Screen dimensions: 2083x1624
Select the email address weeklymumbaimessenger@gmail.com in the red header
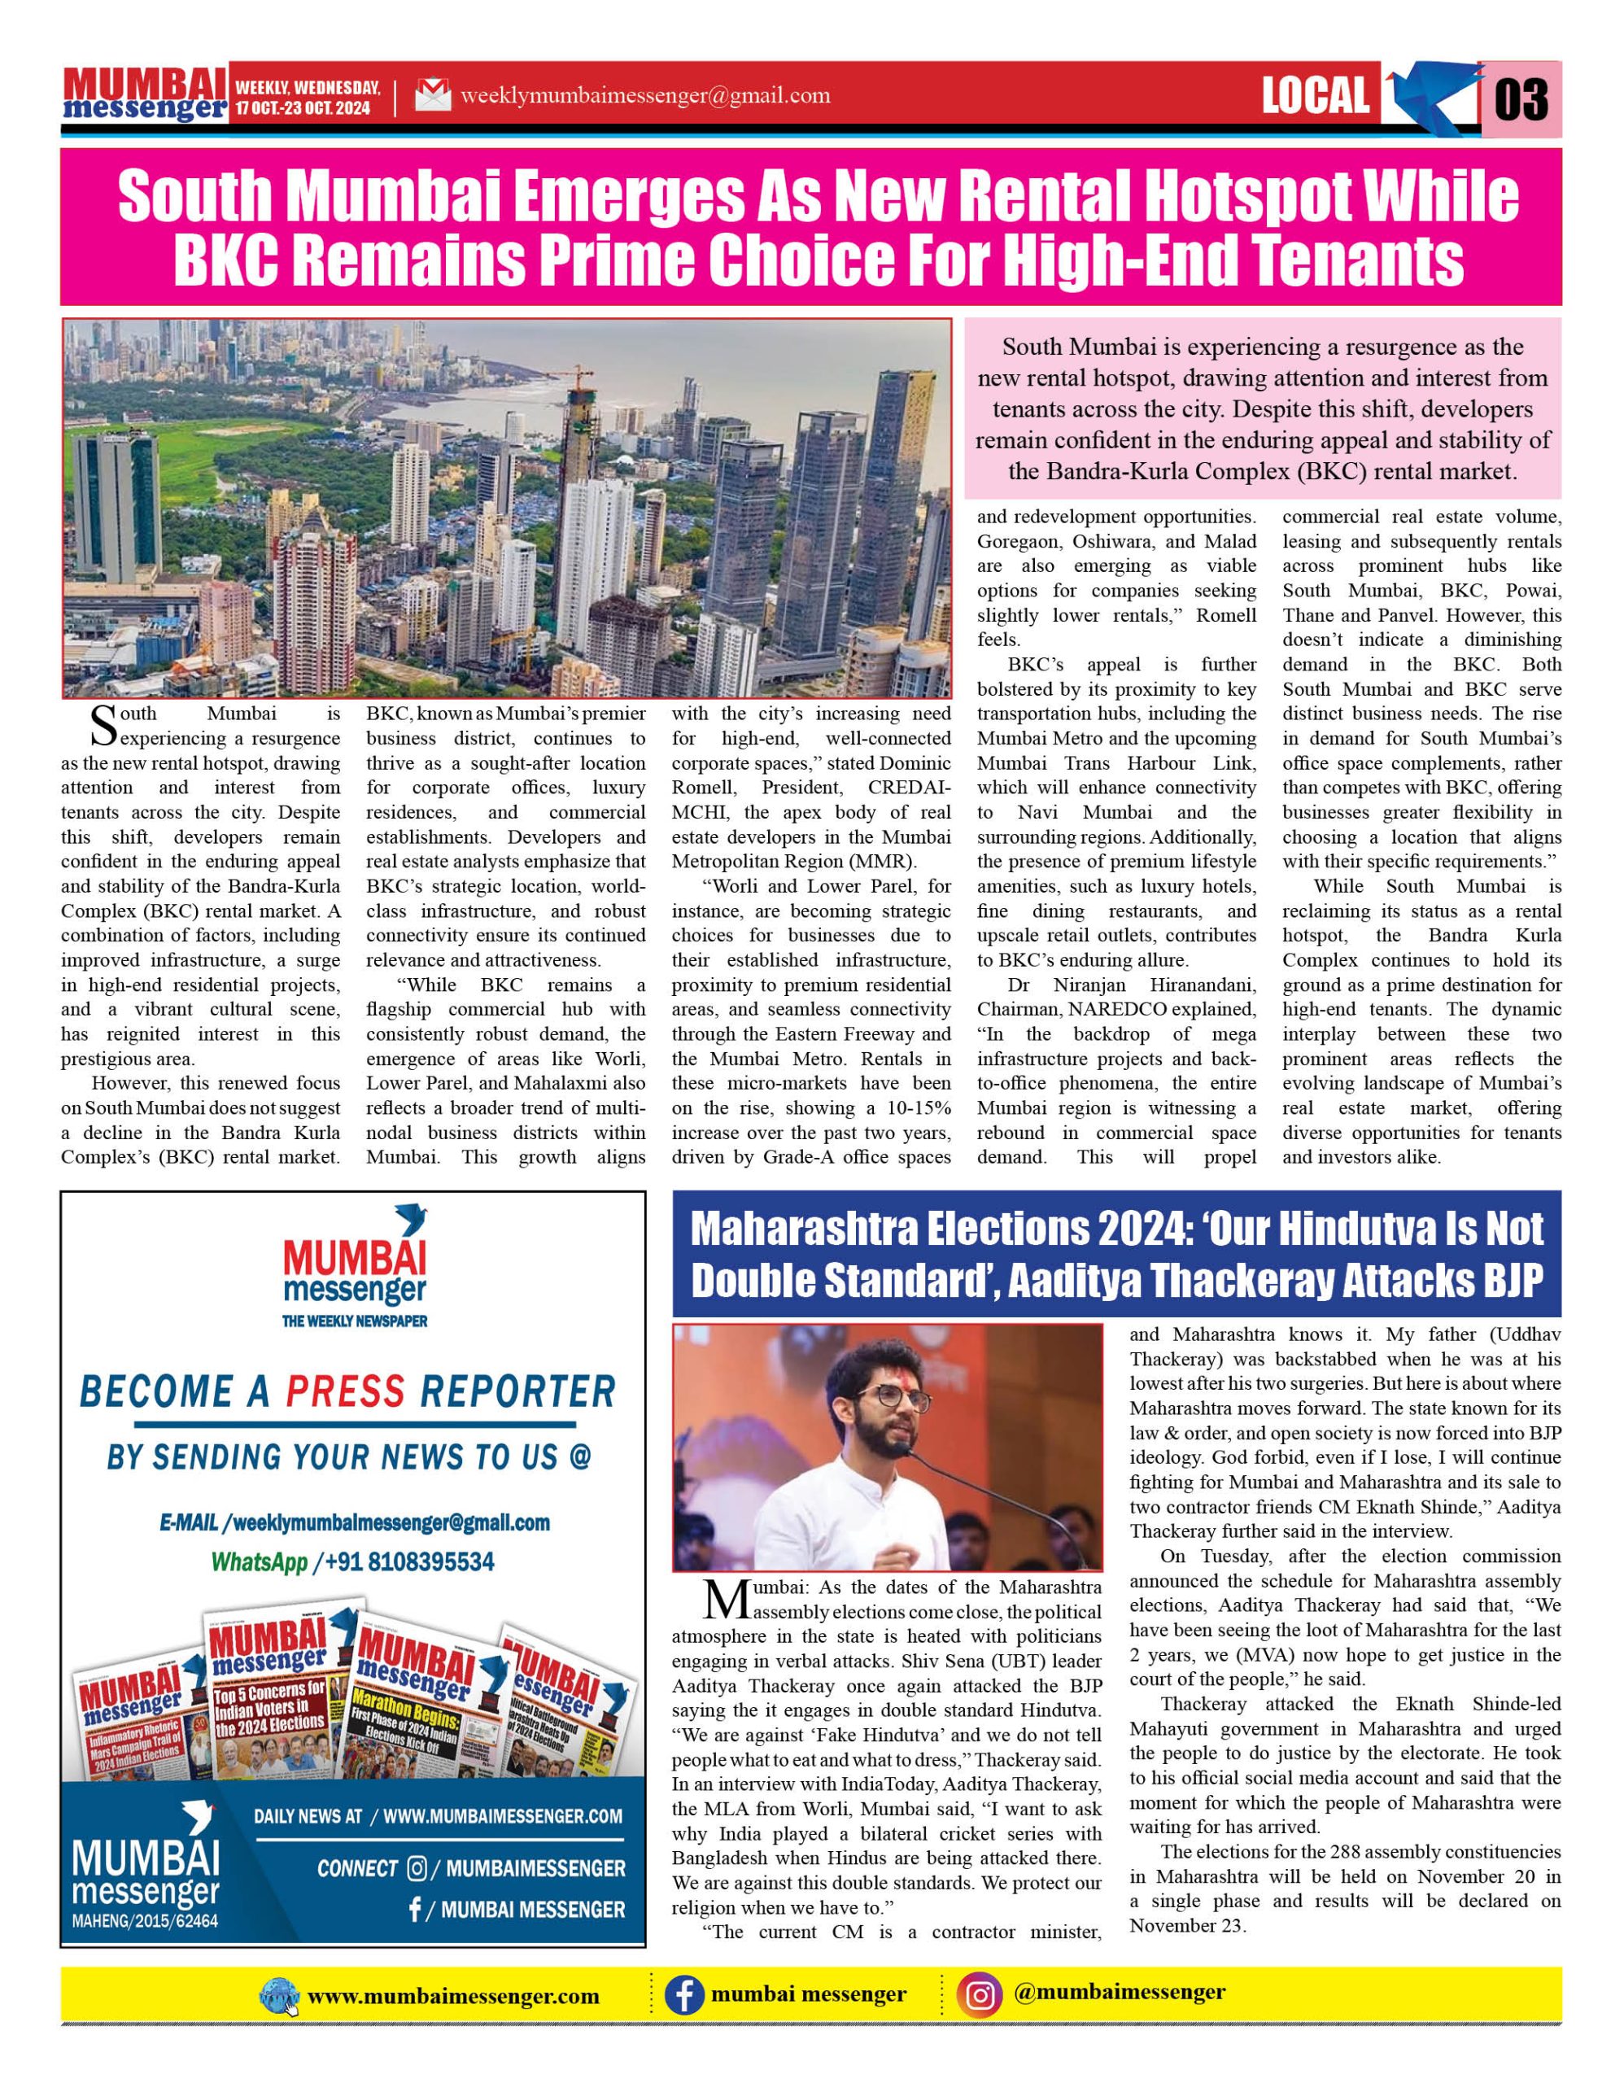pos(644,95)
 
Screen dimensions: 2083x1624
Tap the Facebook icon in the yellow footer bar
pos(683,1995)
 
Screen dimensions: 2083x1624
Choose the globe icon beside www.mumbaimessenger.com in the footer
pos(279,1996)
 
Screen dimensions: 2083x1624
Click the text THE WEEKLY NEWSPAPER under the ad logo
pos(354,1321)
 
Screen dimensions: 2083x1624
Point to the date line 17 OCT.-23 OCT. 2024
pos(303,109)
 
